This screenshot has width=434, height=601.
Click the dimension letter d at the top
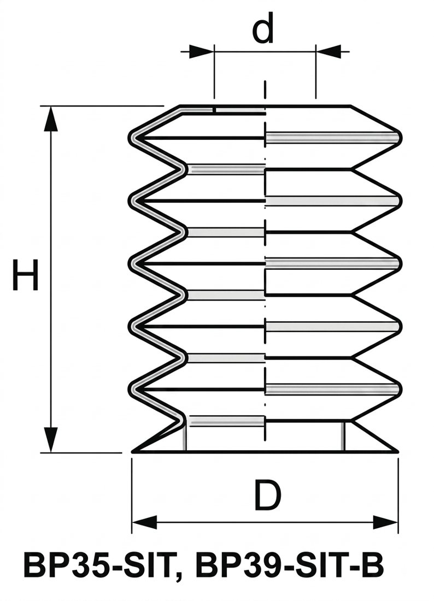263,27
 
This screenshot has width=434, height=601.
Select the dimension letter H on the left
26,275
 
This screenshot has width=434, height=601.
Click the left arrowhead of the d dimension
202,51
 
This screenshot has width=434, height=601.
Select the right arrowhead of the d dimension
328,51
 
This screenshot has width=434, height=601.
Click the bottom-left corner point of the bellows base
132,452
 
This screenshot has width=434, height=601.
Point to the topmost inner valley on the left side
184,169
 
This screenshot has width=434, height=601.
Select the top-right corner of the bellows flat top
350,105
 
